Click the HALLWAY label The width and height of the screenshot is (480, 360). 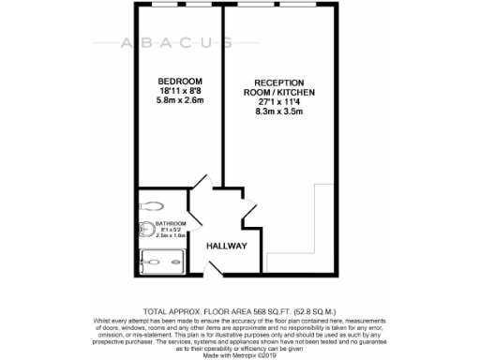(227, 246)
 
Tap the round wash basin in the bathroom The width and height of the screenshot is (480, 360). (146, 231)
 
